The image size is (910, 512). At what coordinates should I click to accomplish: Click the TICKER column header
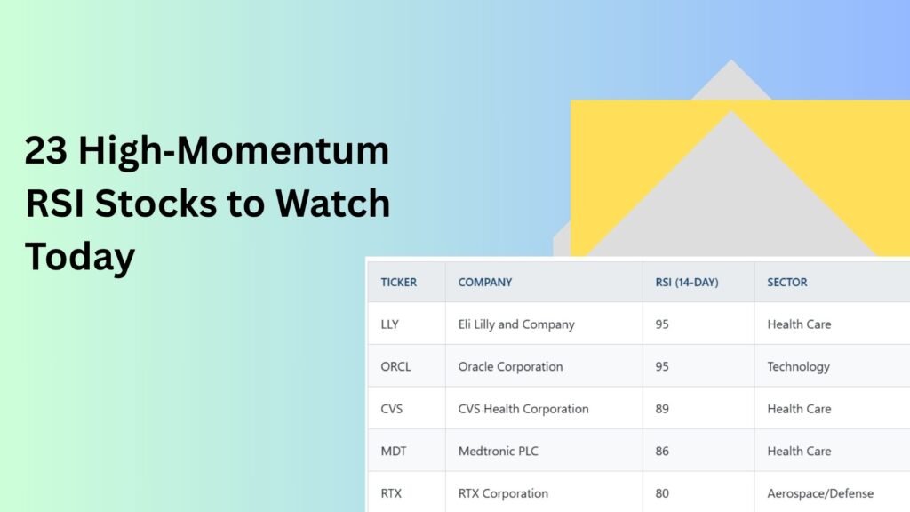click(x=399, y=282)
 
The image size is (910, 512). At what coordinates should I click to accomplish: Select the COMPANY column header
click(x=485, y=282)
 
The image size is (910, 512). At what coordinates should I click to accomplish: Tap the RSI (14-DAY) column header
click(x=687, y=282)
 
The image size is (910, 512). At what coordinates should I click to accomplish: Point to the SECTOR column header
click(x=787, y=282)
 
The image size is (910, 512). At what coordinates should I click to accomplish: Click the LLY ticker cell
click(x=389, y=324)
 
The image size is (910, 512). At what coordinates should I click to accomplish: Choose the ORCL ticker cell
click(x=395, y=367)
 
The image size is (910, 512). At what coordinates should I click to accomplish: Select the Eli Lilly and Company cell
click(x=516, y=324)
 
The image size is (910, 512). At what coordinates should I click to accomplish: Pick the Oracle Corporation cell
click(x=511, y=367)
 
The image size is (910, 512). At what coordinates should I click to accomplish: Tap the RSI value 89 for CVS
click(x=662, y=409)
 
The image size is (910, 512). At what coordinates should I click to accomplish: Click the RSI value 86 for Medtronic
click(x=662, y=451)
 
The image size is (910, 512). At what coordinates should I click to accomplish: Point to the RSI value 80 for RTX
click(x=662, y=493)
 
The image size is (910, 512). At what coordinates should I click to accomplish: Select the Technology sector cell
click(x=799, y=367)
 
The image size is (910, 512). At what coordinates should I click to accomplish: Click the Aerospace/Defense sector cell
click(x=820, y=493)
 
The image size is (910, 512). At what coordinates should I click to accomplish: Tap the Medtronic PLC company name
click(x=499, y=451)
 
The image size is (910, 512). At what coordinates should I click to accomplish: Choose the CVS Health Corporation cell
click(x=523, y=409)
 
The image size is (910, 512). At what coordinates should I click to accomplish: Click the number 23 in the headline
click(x=46, y=150)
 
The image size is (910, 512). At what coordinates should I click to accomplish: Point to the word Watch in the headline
click(x=333, y=204)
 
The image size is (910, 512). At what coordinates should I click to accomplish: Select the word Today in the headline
click(x=80, y=257)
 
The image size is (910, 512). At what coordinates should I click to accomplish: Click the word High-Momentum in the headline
click(x=234, y=151)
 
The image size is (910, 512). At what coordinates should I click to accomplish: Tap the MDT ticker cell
click(x=394, y=451)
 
